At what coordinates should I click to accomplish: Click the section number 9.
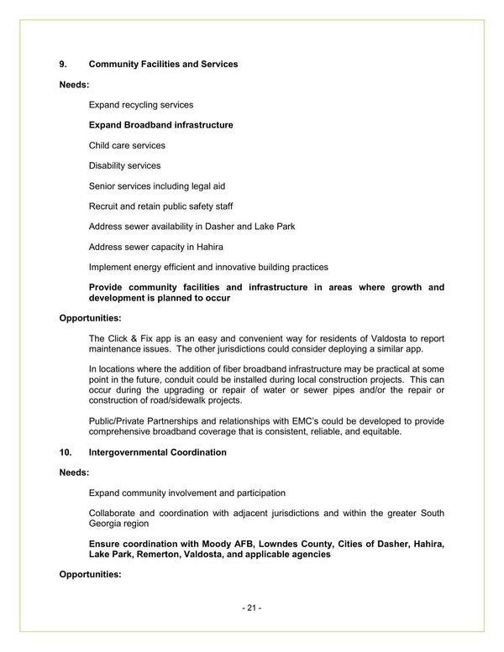(62, 64)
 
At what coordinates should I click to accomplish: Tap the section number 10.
(65, 452)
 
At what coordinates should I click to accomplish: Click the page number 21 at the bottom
(251, 608)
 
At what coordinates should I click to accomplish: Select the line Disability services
(124, 165)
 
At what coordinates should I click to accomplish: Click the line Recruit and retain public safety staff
(160, 206)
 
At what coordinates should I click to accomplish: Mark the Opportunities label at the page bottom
(90, 575)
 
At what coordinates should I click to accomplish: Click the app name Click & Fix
(128, 338)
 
